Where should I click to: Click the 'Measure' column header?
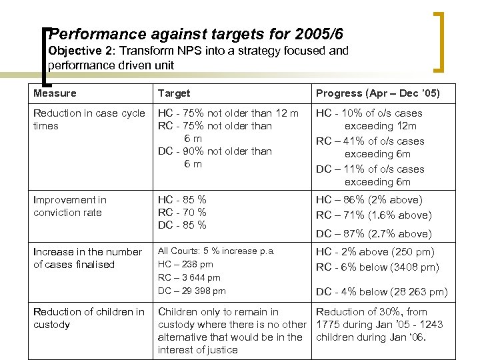point(55,93)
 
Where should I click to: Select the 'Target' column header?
point(174,93)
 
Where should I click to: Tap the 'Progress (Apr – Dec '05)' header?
point(377,93)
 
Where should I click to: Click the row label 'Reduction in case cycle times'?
point(89,119)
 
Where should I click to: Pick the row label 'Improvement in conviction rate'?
point(69,206)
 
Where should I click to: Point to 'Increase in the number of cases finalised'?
point(87,258)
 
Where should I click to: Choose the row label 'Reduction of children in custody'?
point(89,318)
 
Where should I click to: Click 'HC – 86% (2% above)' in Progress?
point(369,199)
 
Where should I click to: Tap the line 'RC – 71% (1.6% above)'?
point(373,215)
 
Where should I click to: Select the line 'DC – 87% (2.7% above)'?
point(373,233)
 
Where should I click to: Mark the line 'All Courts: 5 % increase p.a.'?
point(216,251)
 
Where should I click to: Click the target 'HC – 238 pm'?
point(185,264)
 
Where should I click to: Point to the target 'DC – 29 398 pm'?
point(191,290)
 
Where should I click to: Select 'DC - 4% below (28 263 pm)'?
point(381,292)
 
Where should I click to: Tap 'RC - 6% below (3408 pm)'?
point(377,267)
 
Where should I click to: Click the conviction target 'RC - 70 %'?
point(182,213)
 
